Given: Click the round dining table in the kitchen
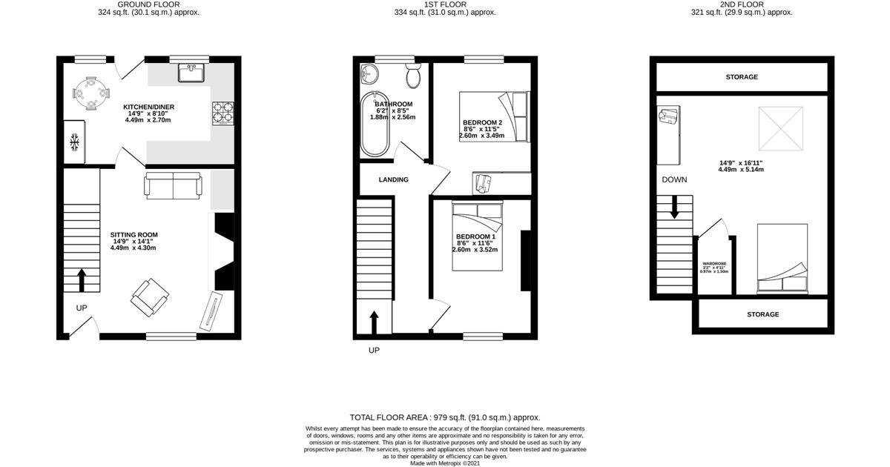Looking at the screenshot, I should coord(89,93).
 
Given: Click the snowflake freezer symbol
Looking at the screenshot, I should coord(75,142).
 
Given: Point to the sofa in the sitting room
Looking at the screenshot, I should coord(172,185).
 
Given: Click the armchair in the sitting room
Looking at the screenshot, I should coord(150,298).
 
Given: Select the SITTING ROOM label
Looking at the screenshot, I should coord(135,235).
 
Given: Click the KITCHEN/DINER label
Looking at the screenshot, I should coord(148,107).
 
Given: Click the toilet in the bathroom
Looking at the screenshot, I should coord(413,76).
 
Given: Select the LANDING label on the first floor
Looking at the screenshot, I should coord(393,179).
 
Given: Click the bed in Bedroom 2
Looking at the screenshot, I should coord(493,116).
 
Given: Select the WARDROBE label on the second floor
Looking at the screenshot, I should coord(714,264).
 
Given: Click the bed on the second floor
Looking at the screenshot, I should coord(782,258).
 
